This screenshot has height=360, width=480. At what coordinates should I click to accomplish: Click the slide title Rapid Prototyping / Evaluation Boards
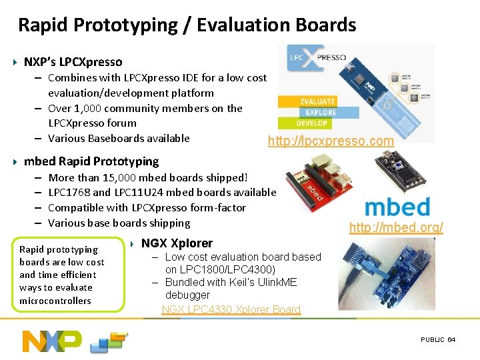pos(187,25)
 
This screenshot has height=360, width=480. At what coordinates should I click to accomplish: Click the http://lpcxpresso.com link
pos(330,141)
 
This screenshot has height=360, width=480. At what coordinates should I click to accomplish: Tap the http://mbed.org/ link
pos(396,227)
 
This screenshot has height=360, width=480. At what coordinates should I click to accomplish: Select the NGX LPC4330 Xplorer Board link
pos(231,309)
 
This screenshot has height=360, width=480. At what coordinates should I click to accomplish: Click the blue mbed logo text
pos(397,205)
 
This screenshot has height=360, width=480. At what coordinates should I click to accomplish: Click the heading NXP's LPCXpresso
pos(73,62)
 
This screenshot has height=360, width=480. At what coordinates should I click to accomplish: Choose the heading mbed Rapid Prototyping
pos(91,161)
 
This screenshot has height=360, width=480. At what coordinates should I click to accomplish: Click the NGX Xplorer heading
pos(177,243)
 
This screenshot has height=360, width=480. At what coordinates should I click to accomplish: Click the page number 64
pos(451,339)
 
